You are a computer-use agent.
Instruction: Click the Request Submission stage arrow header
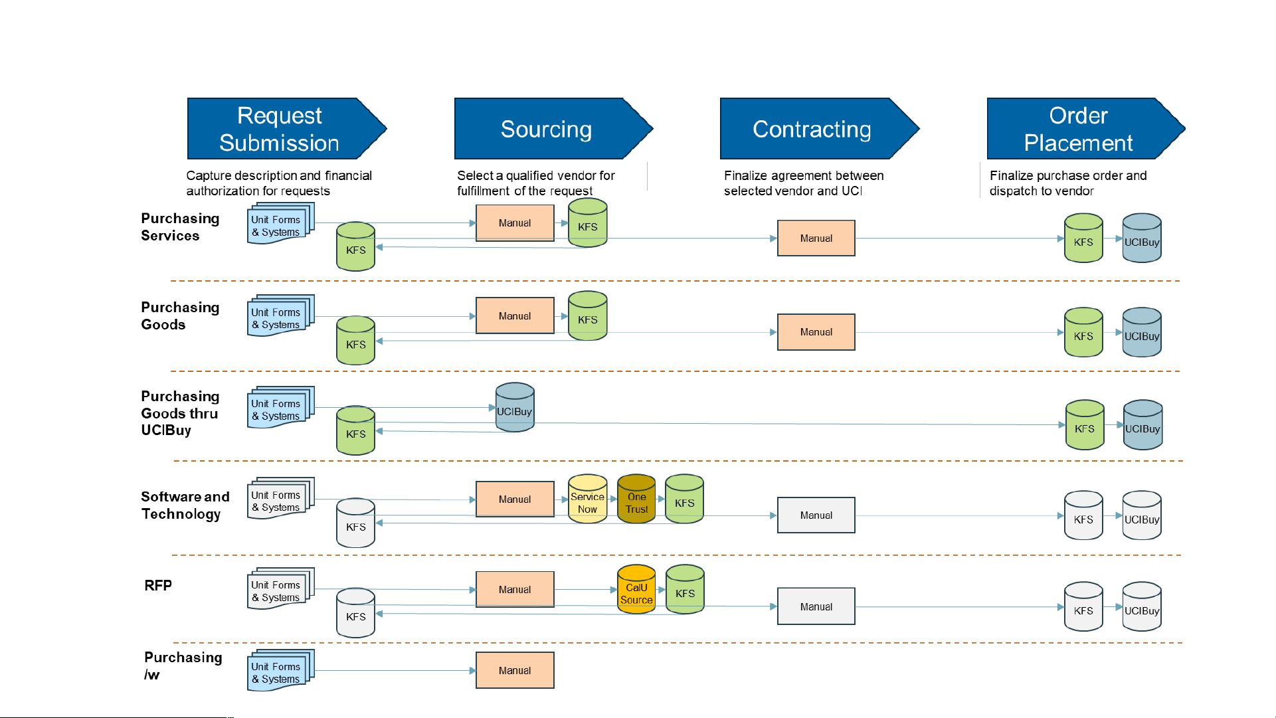[286, 129]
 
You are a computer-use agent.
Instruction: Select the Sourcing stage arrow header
[553, 129]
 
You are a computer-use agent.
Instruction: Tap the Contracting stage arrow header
[819, 129]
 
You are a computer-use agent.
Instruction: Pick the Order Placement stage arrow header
[1086, 129]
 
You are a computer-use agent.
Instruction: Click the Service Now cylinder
[588, 499]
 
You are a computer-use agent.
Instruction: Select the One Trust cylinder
[636, 499]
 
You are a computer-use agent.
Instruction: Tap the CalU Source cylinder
[636, 590]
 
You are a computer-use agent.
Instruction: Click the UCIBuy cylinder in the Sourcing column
[515, 407]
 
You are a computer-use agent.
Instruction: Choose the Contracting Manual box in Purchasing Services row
[816, 238]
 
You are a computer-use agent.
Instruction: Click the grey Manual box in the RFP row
[816, 606]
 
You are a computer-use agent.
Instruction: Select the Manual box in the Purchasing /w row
[515, 671]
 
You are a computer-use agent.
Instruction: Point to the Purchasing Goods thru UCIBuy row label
[180, 413]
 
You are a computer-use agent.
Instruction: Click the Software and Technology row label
[185, 505]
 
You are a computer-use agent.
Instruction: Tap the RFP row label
[158, 585]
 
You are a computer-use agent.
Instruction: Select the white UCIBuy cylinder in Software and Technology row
[1142, 515]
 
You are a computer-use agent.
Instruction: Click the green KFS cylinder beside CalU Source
[685, 590]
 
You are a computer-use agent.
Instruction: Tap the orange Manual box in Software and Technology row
[515, 499]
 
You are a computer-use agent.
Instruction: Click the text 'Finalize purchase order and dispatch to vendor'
[1068, 183]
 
